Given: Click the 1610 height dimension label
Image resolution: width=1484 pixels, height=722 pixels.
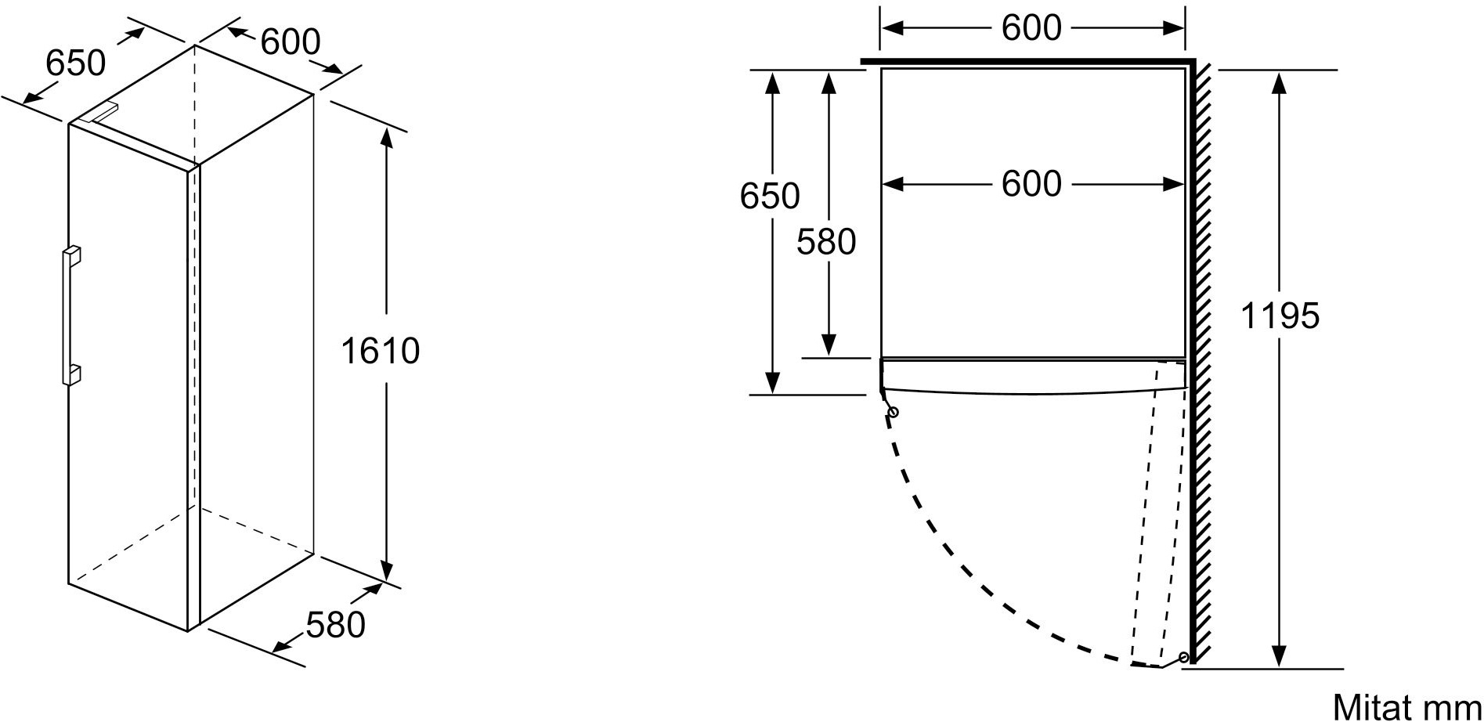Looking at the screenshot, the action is pos(380,351).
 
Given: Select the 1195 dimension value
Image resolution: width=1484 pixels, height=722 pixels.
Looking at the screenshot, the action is pos(1280,316).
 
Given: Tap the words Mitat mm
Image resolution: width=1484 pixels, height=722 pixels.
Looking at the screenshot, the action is pos(1407,706).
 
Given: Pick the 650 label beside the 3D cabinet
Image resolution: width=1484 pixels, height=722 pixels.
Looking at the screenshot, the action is pos(75,63).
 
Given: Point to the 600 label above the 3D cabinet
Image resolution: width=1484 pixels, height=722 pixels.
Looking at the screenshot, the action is pos(290,42).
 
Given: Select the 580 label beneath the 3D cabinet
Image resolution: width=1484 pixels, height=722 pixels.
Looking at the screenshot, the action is pos(335,624).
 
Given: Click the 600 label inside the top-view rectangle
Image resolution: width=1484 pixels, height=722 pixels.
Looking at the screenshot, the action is pos(1031,184).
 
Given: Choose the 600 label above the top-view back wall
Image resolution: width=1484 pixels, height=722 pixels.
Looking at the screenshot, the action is pos(1031,28).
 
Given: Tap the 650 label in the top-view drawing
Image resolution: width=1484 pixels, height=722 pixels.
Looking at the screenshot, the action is pos(770,196).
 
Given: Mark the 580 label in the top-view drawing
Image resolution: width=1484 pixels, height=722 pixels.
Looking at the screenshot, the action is pos(826,242).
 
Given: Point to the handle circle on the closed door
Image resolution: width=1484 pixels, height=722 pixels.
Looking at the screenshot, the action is pos(892,412).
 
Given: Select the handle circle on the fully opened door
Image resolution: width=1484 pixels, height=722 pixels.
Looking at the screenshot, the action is pos(1183,656).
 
